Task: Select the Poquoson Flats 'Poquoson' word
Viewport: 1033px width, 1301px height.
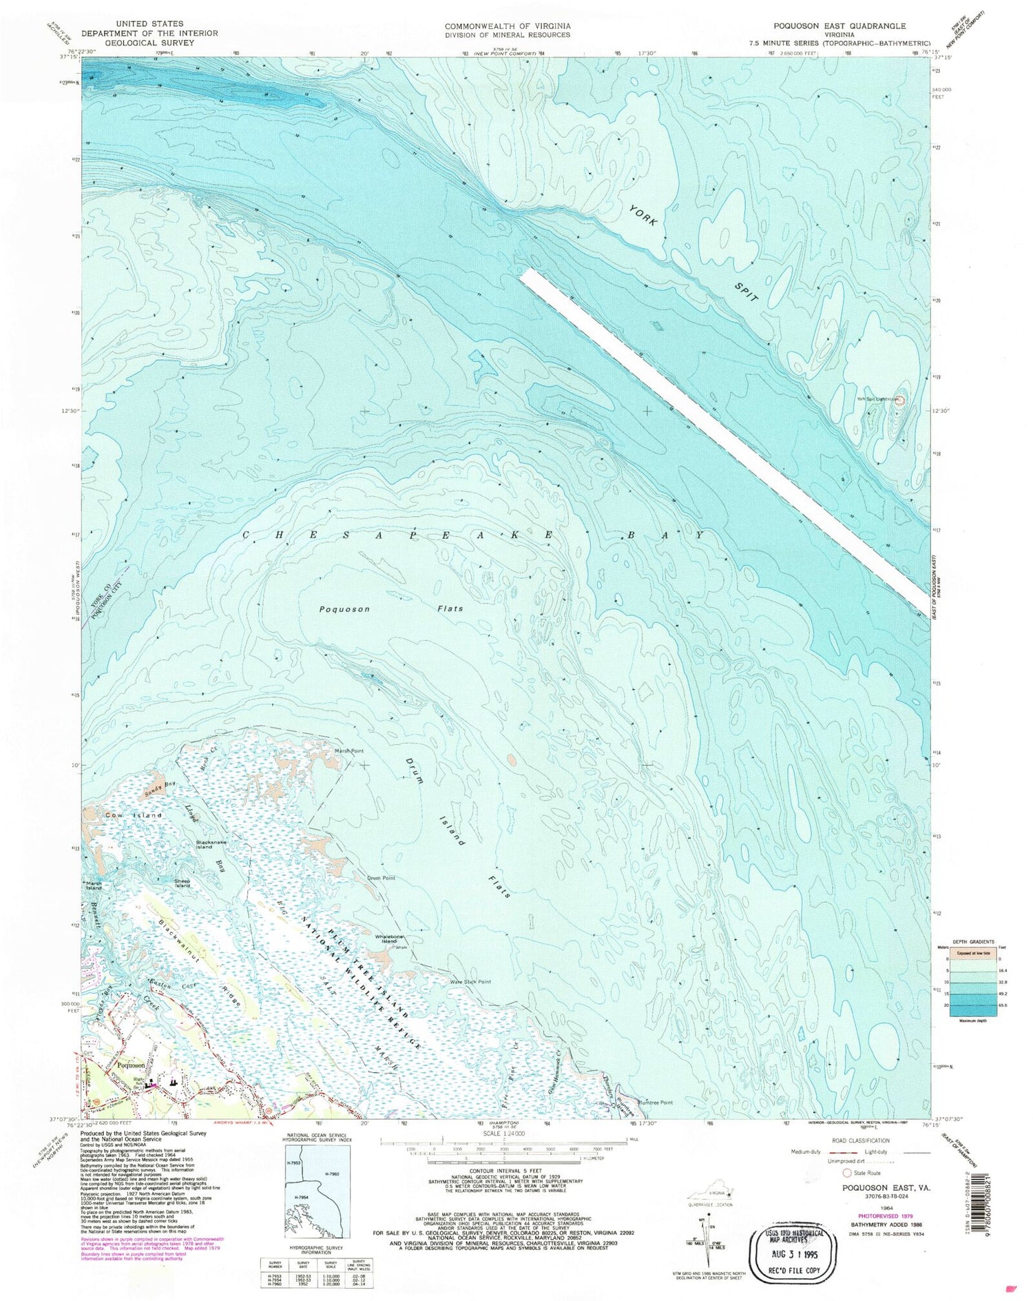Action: point(345,609)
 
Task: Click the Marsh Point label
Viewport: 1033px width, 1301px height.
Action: point(348,750)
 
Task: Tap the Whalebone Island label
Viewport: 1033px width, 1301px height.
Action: point(389,939)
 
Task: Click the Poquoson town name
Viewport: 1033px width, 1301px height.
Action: point(131,1065)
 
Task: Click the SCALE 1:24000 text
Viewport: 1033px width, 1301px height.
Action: point(505,1134)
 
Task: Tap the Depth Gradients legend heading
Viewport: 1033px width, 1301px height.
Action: point(962,941)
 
